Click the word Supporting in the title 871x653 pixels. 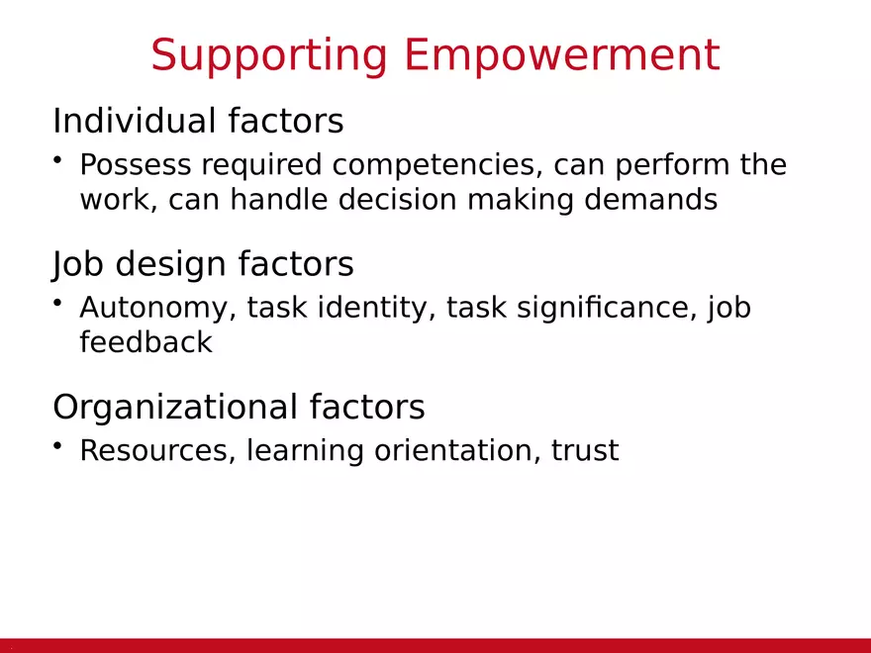point(269,56)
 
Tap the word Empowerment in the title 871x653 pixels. point(562,54)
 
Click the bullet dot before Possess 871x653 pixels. point(57,159)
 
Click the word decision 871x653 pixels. point(397,199)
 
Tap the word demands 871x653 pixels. point(650,199)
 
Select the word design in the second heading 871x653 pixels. point(170,264)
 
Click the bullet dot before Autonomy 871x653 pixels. point(57,303)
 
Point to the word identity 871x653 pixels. point(376,308)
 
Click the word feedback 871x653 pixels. point(146,342)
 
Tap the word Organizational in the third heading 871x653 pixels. point(175,407)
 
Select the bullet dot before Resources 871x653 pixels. point(57,445)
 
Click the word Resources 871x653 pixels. point(153,450)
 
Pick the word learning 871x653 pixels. point(305,451)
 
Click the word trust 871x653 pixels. point(585,451)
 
